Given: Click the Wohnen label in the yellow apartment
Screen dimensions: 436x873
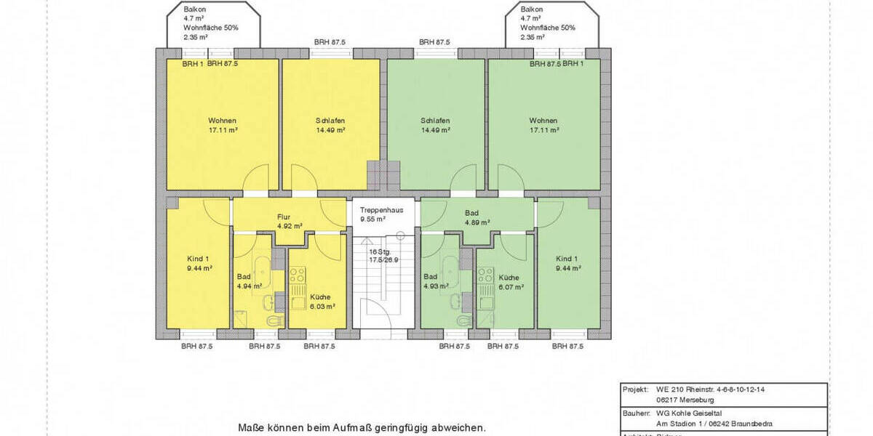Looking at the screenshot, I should pyautogui.click(x=222, y=121).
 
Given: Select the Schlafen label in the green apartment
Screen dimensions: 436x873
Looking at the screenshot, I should pyautogui.click(x=435, y=121).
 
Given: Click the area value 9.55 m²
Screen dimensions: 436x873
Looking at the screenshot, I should pyautogui.click(x=372, y=218).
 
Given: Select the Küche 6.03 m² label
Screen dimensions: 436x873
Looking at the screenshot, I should pyautogui.click(x=320, y=302).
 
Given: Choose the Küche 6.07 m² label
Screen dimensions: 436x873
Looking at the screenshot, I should pyautogui.click(x=510, y=282).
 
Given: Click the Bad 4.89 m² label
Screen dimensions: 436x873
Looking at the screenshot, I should pyautogui.click(x=477, y=218).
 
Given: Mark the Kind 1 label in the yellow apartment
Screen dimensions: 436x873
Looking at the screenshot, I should pyautogui.click(x=197, y=263).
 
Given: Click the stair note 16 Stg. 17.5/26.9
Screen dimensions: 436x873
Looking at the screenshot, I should pyautogui.click(x=383, y=255).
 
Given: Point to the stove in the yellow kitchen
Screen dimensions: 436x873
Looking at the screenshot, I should pyautogui.click(x=297, y=275).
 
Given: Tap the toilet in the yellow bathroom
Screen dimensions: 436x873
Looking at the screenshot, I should pyautogui.click(x=274, y=320).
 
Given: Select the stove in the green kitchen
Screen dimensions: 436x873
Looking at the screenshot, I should pyautogui.click(x=485, y=275).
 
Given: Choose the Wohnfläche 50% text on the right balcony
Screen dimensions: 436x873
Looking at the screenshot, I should pyautogui.click(x=547, y=28).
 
